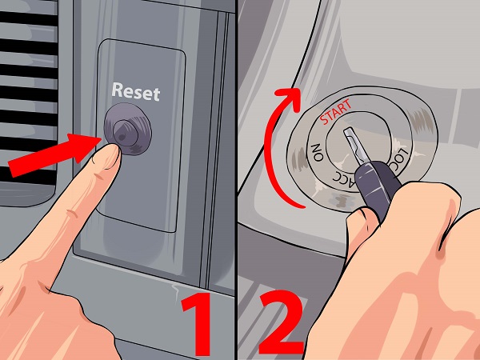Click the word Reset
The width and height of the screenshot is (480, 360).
tap(136, 92)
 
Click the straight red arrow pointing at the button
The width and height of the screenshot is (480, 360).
tap(54, 155)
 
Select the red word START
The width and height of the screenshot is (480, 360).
tap(336, 112)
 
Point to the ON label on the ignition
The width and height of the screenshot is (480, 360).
tap(317, 152)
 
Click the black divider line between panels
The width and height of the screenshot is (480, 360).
tap(237, 180)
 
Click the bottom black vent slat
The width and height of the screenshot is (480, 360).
tap(27, 175)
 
